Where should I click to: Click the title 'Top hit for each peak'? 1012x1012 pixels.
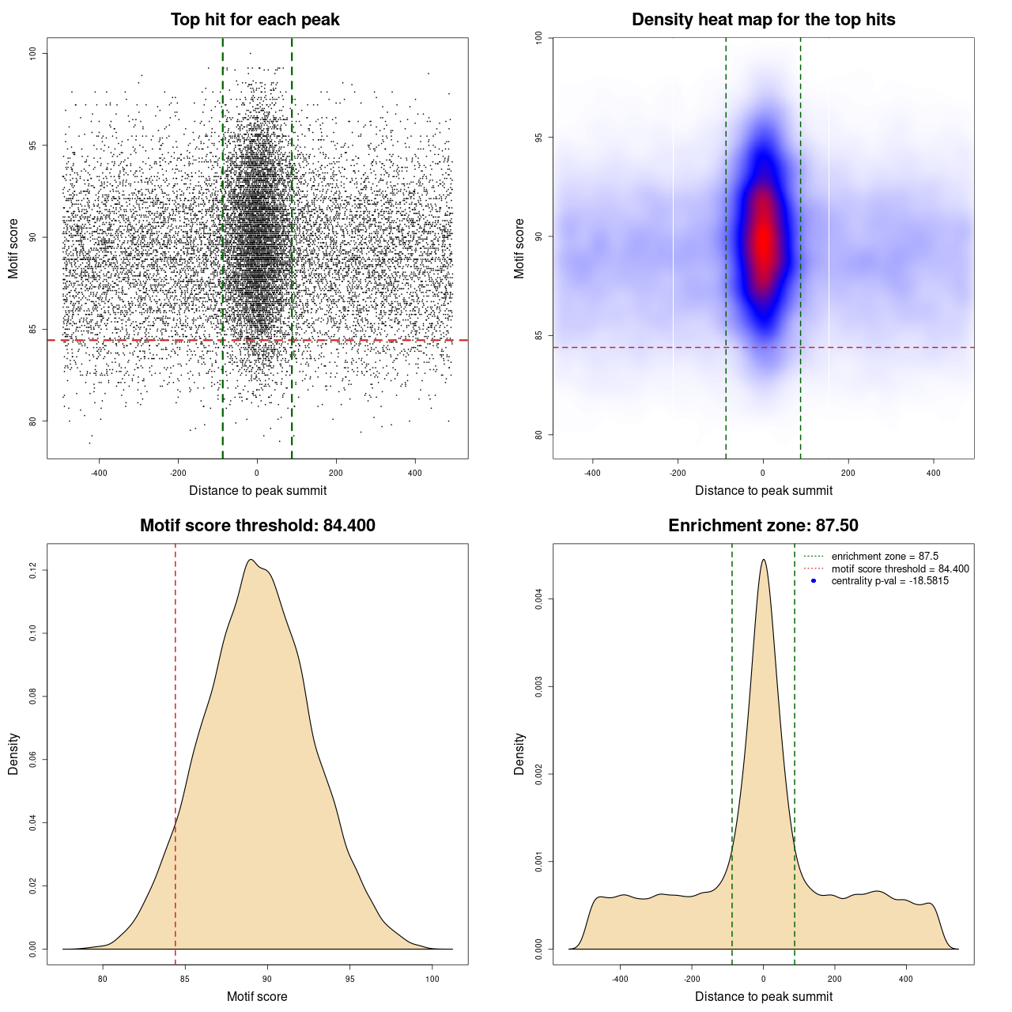pos(255,20)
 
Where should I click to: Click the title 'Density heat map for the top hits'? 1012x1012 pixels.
pos(763,20)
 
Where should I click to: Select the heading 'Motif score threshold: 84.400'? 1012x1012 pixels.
pos(257,526)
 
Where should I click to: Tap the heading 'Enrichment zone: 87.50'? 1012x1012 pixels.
pos(763,526)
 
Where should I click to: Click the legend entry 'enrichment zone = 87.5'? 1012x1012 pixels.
pos(885,557)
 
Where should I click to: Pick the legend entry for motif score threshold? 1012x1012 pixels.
pos(900,568)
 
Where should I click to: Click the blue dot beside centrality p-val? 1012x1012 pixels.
pos(814,581)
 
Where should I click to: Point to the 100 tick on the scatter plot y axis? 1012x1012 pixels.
pos(33,53)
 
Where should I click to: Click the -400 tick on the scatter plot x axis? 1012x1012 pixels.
pos(99,473)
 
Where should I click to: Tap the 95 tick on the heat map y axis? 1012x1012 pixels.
pos(539,138)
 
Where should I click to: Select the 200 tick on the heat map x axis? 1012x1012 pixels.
pos(848,473)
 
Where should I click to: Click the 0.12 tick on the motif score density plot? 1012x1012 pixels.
pos(33,570)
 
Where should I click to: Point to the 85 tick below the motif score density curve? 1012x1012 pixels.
pos(185,979)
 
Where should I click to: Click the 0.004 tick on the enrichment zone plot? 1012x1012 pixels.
pos(539,599)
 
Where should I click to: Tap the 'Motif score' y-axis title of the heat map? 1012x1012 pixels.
pos(519,248)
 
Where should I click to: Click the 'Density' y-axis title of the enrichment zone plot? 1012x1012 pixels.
pos(519,753)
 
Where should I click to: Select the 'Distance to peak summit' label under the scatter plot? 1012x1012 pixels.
pos(258,491)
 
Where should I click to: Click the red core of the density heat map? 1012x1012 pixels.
pos(763,237)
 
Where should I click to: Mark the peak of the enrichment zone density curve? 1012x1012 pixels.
pos(763,561)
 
